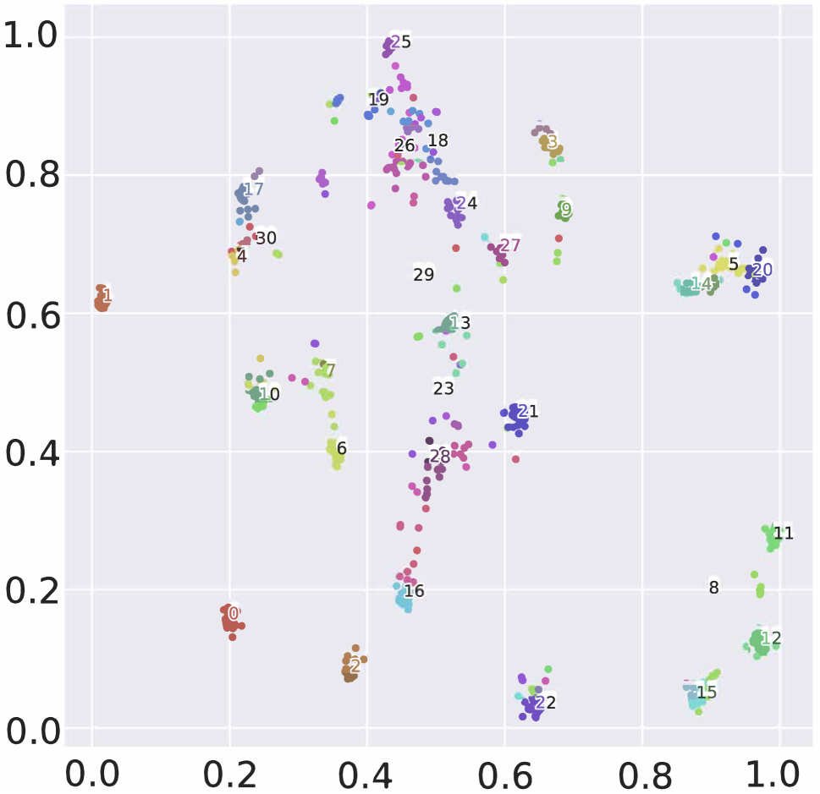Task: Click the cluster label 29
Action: [x=424, y=274]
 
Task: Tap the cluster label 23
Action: [x=443, y=388]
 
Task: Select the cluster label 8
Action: [x=713, y=588]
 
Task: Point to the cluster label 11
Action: [x=784, y=533]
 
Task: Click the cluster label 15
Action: [x=707, y=693]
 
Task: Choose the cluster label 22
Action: [x=546, y=703]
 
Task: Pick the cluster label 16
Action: [x=414, y=591]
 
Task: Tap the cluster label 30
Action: [x=267, y=238]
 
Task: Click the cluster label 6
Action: [x=342, y=448]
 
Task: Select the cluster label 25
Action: [x=400, y=41]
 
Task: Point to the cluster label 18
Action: [x=438, y=140]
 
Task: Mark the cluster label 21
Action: [x=528, y=412]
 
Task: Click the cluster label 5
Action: [x=734, y=264]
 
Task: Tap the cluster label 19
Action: [x=378, y=100]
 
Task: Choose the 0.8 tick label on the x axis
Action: [x=641, y=772]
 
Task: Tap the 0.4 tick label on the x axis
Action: [x=366, y=772]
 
